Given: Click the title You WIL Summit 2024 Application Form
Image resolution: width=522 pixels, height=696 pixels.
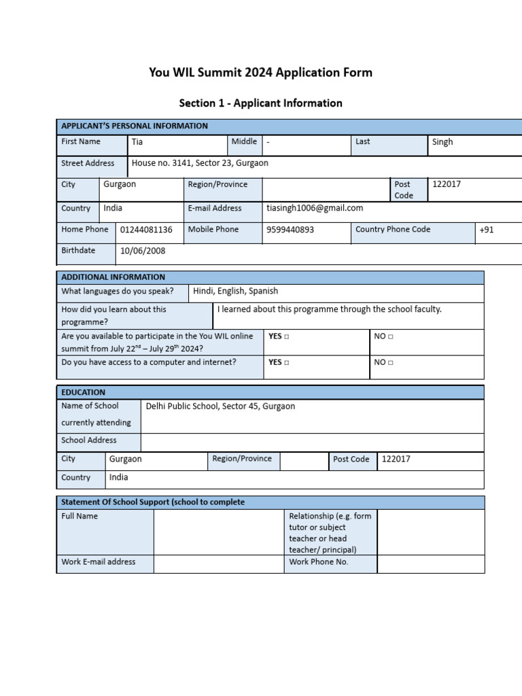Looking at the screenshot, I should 260,73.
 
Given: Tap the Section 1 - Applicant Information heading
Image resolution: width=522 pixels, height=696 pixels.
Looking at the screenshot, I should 260,103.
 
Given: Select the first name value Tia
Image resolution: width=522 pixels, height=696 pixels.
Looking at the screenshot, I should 137,143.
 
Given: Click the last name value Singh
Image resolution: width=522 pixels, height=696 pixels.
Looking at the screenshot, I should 442,143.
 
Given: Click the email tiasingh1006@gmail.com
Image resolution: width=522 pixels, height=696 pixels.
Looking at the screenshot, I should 315,209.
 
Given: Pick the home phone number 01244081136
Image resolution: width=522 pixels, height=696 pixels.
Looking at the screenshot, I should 146,230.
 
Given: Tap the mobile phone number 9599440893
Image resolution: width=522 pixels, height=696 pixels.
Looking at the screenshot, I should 290,230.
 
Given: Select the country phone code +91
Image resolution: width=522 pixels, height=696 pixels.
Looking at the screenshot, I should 487,230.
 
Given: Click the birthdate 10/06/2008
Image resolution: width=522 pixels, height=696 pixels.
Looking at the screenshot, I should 143,251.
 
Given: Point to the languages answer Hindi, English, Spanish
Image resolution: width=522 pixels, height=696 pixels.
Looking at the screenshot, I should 235,291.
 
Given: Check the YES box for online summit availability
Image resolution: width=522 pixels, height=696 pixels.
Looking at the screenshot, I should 286,336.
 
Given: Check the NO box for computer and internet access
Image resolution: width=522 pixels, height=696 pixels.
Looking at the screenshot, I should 390,363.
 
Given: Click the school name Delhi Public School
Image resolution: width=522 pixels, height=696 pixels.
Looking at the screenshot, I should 220,406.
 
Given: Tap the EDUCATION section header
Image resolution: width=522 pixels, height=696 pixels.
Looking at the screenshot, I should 84,392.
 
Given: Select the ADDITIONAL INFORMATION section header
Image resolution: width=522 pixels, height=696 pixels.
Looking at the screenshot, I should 113,277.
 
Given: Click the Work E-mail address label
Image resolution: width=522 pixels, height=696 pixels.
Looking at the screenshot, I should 99,562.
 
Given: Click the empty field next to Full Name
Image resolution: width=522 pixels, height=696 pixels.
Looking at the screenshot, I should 218,532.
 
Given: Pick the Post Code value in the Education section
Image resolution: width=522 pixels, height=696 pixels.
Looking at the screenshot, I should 396,459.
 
